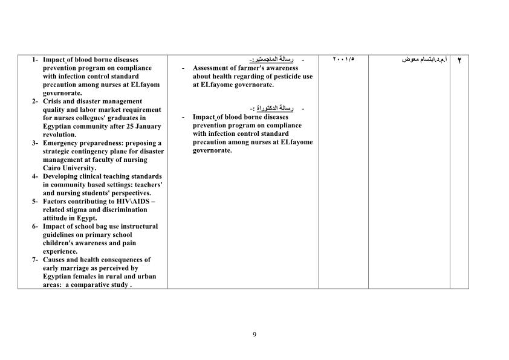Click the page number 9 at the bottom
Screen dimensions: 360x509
tap(254, 335)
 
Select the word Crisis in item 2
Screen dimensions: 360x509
tap(53, 101)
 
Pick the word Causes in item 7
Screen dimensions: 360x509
tap(54, 260)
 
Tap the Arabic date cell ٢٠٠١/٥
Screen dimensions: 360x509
tap(343, 59)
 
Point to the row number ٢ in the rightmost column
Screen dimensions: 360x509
tap(459, 60)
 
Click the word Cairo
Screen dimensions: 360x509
tap(53, 168)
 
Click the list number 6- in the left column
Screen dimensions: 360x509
tap(36, 227)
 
